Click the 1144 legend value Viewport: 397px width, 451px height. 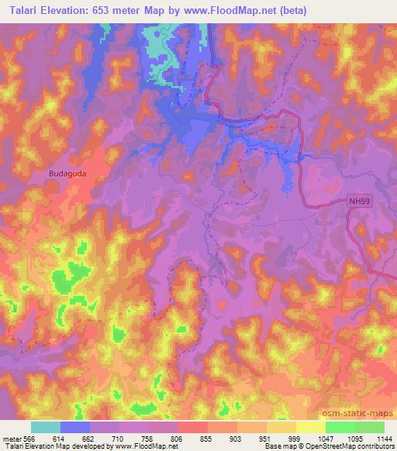click(382, 438)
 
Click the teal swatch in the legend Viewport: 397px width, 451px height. click(46, 427)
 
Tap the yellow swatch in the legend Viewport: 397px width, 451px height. click(311, 427)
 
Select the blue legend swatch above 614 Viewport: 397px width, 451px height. click(75, 427)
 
